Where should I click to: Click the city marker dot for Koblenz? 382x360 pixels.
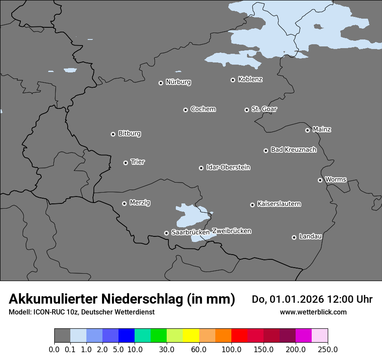click(233, 80)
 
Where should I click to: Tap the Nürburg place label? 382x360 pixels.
click(178, 82)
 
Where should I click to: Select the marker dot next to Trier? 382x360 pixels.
click(125, 163)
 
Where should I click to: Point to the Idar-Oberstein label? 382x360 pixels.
click(228, 167)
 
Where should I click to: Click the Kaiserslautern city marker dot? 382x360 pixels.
click(252, 205)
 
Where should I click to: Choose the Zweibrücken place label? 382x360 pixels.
click(231, 231)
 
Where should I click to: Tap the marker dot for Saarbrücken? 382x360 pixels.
click(166, 233)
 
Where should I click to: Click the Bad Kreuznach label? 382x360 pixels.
click(293, 150)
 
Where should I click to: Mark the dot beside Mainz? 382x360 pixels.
click(307, 130)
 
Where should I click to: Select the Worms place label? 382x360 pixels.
click(336, 179)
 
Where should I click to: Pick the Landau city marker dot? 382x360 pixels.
click(294, 237)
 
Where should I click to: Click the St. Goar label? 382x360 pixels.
click(264, 109)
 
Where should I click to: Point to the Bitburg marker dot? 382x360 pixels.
click(113, 134)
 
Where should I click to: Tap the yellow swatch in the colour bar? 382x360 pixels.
click(191, 336)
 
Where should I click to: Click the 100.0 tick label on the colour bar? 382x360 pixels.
click(231, 349)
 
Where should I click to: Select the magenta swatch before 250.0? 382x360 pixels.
click(303, 336)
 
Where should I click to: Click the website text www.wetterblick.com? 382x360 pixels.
click(313, 312)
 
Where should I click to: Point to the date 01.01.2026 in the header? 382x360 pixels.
click(297, 299)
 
